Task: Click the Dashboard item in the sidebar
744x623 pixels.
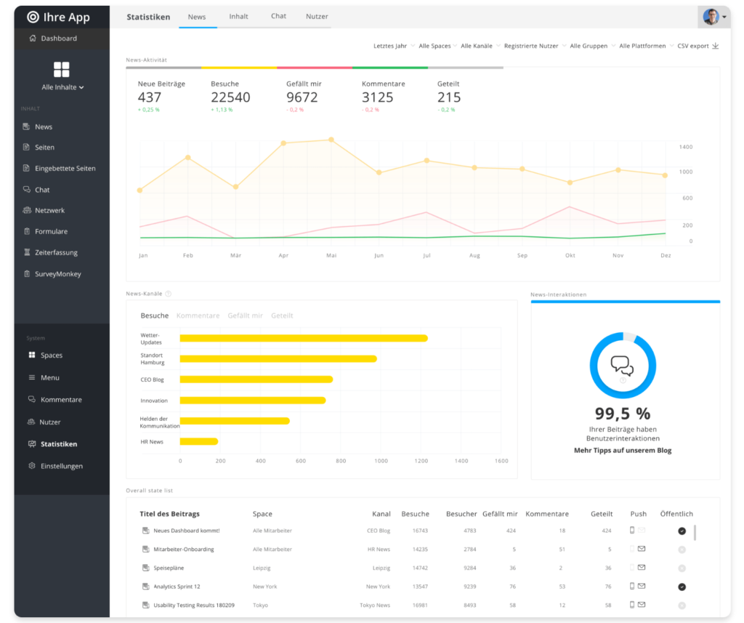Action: point(58,39)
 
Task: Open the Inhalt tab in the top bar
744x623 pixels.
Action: point(238,17)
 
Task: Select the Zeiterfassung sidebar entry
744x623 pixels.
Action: point(56,253)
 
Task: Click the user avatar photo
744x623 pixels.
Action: point(711,17)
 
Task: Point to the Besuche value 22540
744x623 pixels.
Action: point(230,97)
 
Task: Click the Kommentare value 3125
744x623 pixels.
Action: point(377,97)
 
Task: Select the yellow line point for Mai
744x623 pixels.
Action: point(331,140)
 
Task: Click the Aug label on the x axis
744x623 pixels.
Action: point(474,256)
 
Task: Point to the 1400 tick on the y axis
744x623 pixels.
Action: point(686,148)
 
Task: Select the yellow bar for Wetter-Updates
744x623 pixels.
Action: point(304,338)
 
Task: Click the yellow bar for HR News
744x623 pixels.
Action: point(198,441)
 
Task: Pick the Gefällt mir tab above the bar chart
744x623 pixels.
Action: point(245,316)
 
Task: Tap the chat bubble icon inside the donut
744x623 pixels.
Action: point(622,365)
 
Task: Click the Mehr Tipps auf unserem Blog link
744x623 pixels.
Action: point(623,451)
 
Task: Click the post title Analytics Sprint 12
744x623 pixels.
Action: point(177,587)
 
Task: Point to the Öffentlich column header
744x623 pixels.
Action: point(676,514)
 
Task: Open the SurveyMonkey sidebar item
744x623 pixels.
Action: point(57,275)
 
